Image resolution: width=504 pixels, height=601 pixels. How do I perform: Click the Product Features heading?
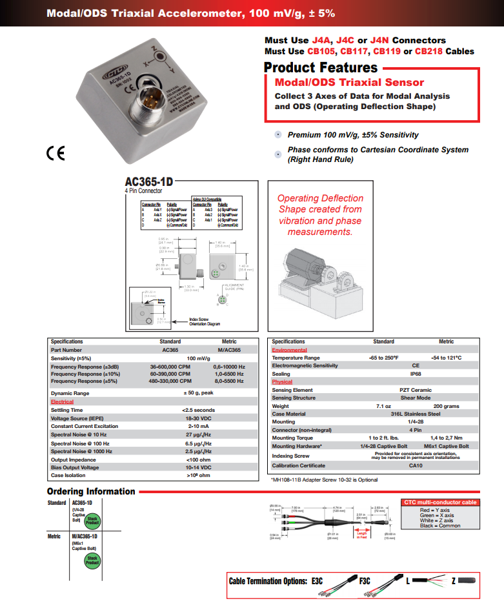tap(321, 68)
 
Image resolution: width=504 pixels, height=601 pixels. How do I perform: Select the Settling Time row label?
tap(67, 410)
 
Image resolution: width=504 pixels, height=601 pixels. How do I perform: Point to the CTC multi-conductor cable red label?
tap(440, 502)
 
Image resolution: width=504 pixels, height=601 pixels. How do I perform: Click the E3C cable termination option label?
tap(317, 581)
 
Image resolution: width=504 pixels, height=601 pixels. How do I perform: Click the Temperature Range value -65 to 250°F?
tap(384, 358)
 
